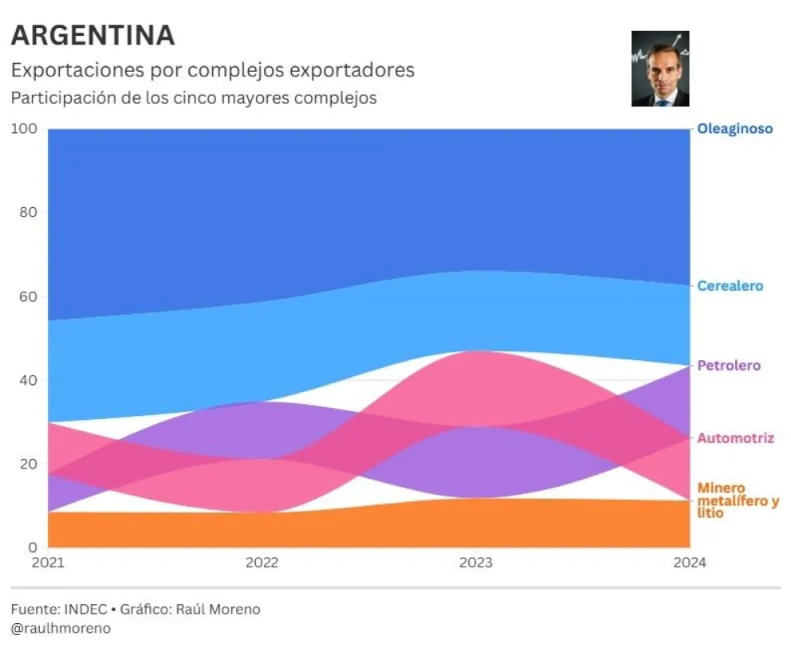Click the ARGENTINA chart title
click(92, 35)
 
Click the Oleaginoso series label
click(734, 128)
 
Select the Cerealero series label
click(730, 286)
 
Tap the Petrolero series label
click(729, 366)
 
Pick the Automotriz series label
click(735, 438)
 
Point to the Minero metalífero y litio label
click(738, 500)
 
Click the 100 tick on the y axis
click(24, 129)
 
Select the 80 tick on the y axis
click(27, 213)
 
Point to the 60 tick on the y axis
click(27, 296)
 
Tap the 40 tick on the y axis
click(27, 380)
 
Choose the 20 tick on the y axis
click(27, 464)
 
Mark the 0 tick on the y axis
click(33, 547)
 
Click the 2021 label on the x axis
click(48, 563)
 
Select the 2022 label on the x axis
click(262, 563)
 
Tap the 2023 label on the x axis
click(475, 563)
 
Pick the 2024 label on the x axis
click(689, 563)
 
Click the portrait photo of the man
click(660, 69)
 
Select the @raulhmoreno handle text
click(61, 628)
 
